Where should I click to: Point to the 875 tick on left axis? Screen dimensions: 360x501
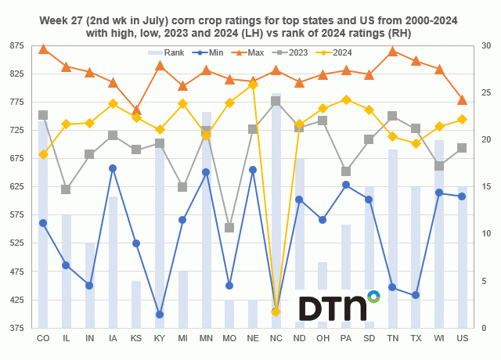17,45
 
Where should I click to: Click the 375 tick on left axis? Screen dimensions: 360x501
17,328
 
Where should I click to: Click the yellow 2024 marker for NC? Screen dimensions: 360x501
276,311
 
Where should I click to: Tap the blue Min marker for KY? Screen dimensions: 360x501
160,315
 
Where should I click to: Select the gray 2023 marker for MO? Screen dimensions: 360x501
229,228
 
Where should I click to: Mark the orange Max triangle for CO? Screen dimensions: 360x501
43,49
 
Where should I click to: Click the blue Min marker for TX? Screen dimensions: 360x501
416,295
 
